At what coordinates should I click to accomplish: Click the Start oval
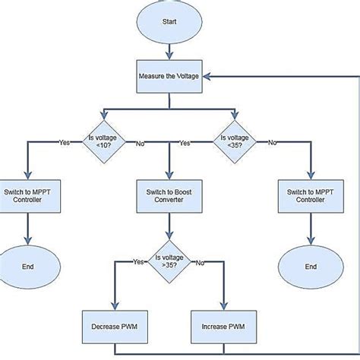click(169, 21)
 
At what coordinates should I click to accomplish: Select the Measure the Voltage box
click(169, 77)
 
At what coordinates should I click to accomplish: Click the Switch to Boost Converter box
click(169, 197)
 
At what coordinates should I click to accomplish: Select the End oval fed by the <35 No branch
click(310, 267)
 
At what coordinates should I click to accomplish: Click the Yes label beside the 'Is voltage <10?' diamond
click(65, 142)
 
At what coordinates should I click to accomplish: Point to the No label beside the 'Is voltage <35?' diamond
click(272, 142)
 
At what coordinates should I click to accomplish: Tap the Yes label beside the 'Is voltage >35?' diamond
click(137, 262)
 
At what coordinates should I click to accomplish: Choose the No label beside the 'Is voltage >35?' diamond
click(200, 262)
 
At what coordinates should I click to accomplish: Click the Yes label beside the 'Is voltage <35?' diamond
click(185, 142)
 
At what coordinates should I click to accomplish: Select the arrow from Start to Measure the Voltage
click(169, 51)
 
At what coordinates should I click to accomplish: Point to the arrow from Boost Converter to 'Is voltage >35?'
click(169, 229)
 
